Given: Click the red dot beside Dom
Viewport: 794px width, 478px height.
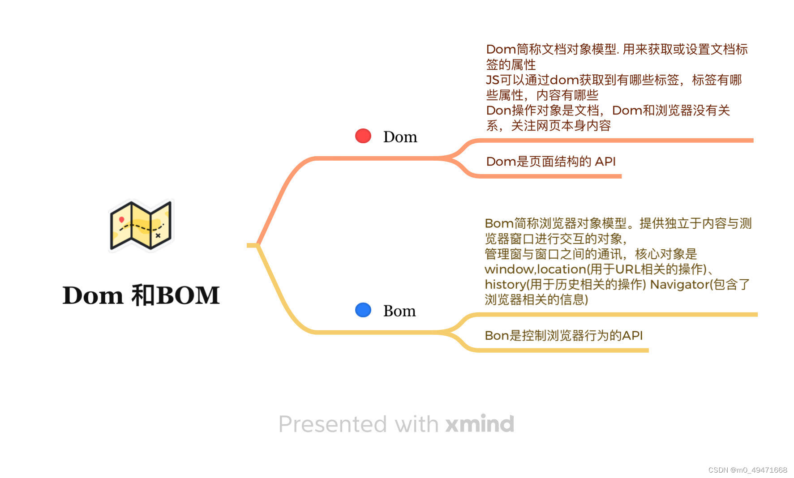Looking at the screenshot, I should coord(363,136).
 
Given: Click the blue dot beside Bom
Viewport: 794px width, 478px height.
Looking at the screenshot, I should coord(363,310).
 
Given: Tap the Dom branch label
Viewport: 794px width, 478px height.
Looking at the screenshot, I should coord(400,137).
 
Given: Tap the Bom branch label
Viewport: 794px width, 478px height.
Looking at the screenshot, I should coord(399,311).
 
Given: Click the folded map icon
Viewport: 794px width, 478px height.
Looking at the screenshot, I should coord(141,225).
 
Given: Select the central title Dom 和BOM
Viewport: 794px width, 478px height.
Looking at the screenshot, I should coord(141,295).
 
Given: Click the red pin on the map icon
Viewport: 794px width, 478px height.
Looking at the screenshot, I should coord(121,219).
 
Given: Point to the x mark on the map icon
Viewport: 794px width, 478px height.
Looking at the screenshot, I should coord(158,235).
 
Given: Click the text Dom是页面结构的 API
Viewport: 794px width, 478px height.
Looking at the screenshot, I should coord(550,162).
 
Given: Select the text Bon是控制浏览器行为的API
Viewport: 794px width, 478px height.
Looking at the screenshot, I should coord(563,336).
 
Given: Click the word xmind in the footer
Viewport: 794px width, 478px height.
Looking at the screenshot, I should coord(480,424).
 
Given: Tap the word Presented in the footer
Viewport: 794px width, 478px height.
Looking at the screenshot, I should coord(332,424).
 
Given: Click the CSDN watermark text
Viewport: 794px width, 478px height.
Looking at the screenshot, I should coord(747,470).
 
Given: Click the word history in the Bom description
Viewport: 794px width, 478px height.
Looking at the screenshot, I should coord(505,285).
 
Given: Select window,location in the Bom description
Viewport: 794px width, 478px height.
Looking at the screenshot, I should coord(535,269).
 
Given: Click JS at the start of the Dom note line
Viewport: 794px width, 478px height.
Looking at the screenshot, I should coord(493,80).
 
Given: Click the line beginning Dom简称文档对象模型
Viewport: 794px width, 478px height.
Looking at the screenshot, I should coord(617,49).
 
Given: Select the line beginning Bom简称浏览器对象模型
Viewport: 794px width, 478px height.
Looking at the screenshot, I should coord(618,223).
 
